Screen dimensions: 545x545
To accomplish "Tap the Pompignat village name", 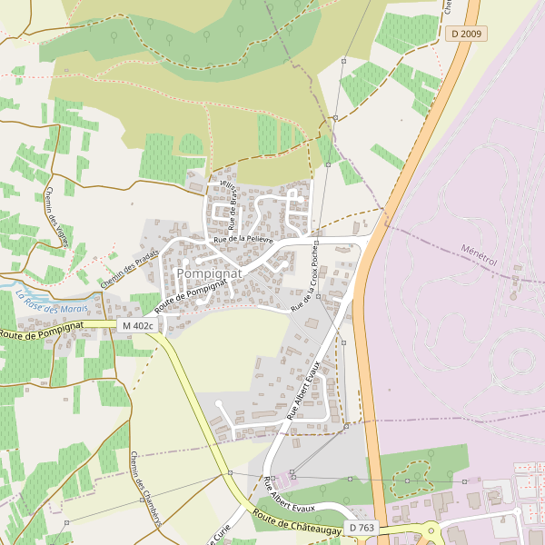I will click(210, 272).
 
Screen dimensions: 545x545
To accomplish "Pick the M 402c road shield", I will click(137, 325).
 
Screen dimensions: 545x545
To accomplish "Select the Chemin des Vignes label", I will click(56, 211).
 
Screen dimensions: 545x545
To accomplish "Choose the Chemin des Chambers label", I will click(145, 489).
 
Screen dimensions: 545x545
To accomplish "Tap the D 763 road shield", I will click(361, 527).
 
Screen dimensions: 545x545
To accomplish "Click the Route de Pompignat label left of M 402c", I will click(42, 330).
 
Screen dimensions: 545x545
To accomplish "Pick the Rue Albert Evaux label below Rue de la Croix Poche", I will click(305, 388).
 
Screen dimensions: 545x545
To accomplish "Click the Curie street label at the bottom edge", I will click(223, 532).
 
